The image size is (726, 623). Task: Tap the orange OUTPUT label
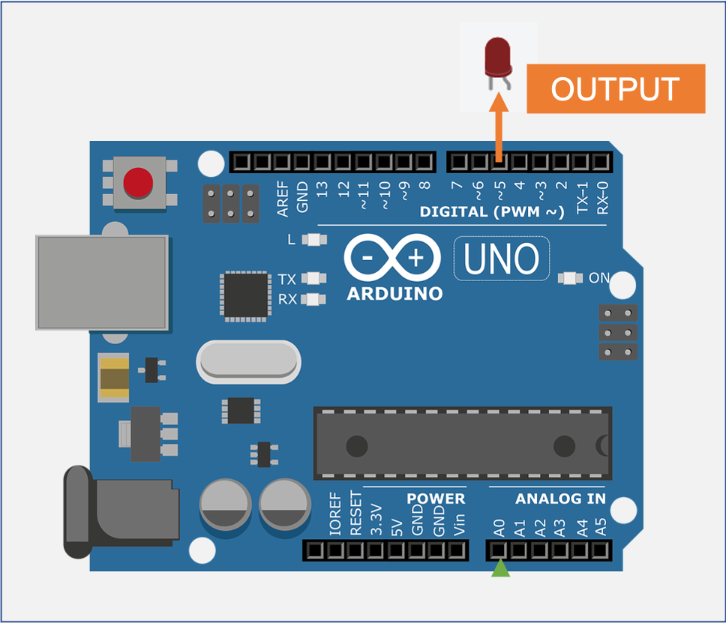[615, 89]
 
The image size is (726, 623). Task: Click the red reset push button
[137, 182]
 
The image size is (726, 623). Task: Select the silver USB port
[102, 282]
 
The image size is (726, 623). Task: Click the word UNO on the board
[501, 259]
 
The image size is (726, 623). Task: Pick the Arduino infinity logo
[393, 259]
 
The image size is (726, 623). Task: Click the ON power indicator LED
[570, 279]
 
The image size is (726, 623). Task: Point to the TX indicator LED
[313, 279]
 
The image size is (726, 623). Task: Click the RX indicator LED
[313, 300]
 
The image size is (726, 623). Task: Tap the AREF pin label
[283, 199]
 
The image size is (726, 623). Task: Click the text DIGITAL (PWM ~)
[491, 212]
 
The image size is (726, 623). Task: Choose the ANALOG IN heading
[559, 499]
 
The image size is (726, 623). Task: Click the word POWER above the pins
[435, 499]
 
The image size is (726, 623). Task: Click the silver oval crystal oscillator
[248, 362]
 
